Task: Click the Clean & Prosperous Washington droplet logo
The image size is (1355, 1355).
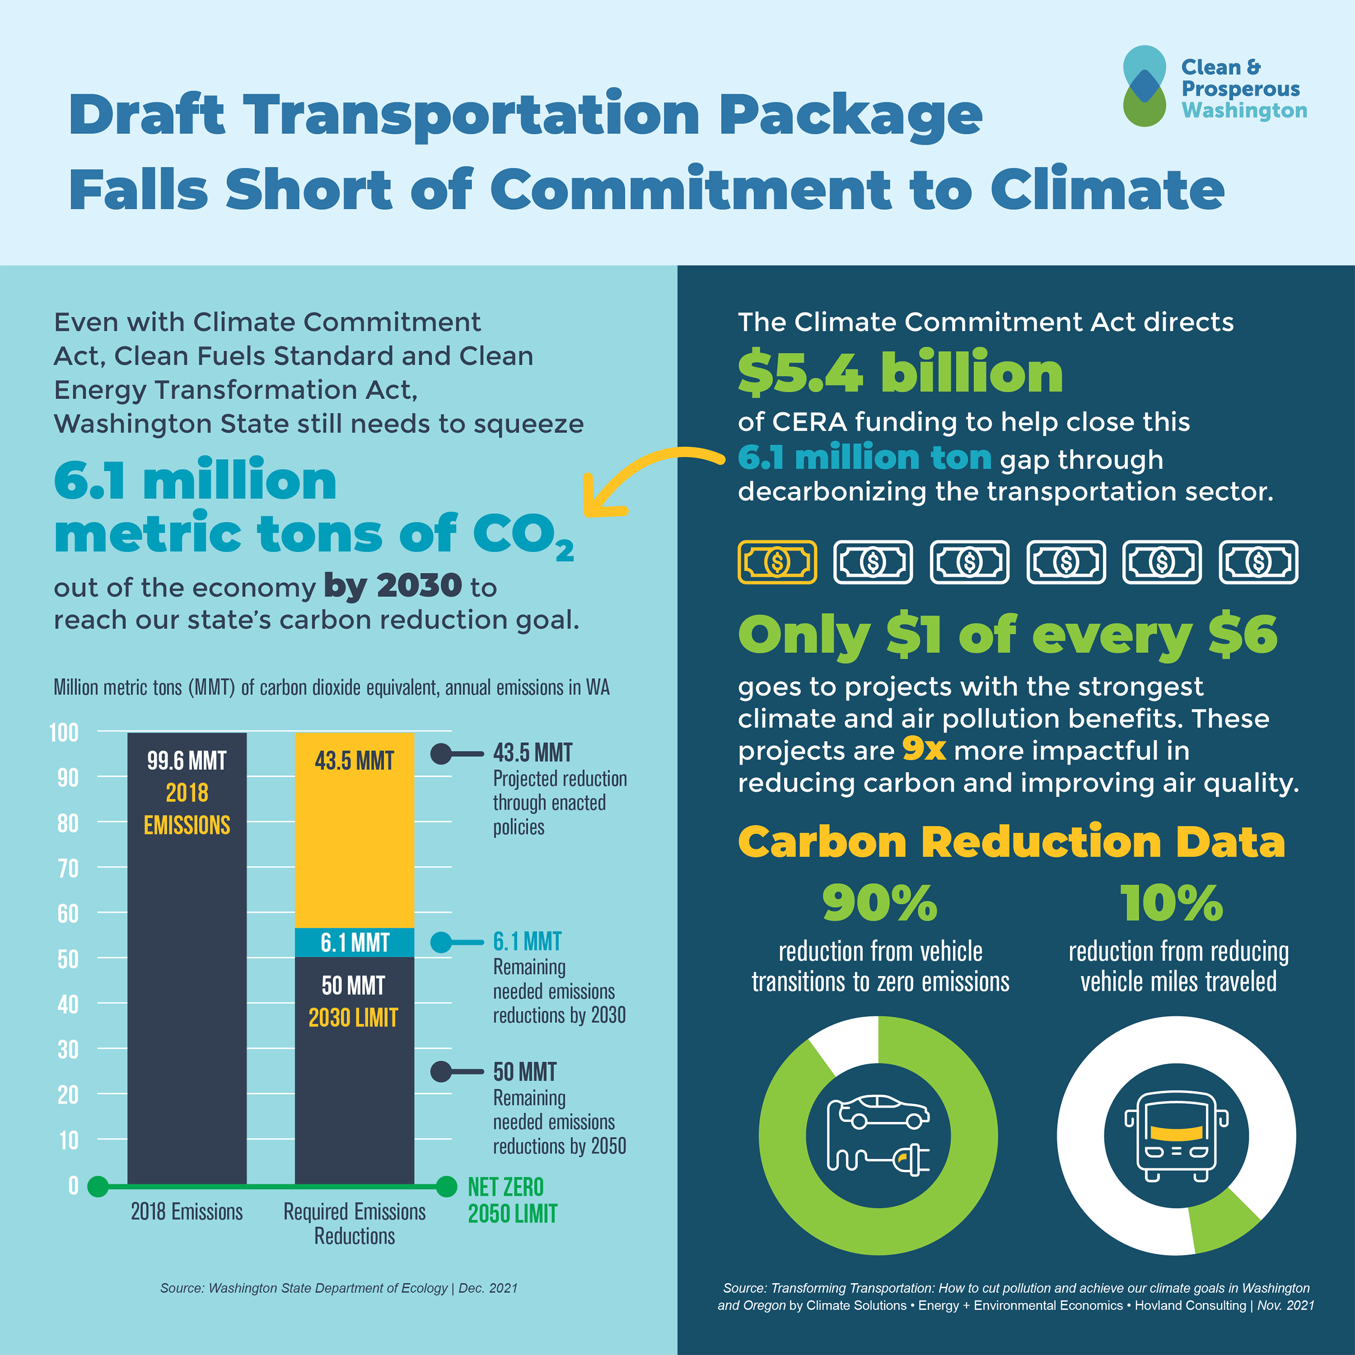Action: (x=1144, y=86)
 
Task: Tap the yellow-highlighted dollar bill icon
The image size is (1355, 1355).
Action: (x=777, y=562)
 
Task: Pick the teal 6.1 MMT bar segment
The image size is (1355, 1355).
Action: (x=354, y=942)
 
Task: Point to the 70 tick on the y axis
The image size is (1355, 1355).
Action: (x=67, y=868)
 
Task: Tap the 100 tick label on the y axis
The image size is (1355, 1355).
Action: (x=64, y=732)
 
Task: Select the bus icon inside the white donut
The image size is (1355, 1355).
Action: (x=1176, y=1136)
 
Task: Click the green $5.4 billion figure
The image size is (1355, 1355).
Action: (x=900, y=372)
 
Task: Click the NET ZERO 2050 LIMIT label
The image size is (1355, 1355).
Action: (x=512, y=1200)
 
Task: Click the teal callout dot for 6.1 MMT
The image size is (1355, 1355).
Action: (x=441, y=942)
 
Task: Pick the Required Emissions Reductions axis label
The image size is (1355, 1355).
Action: (x=354, y=1223)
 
